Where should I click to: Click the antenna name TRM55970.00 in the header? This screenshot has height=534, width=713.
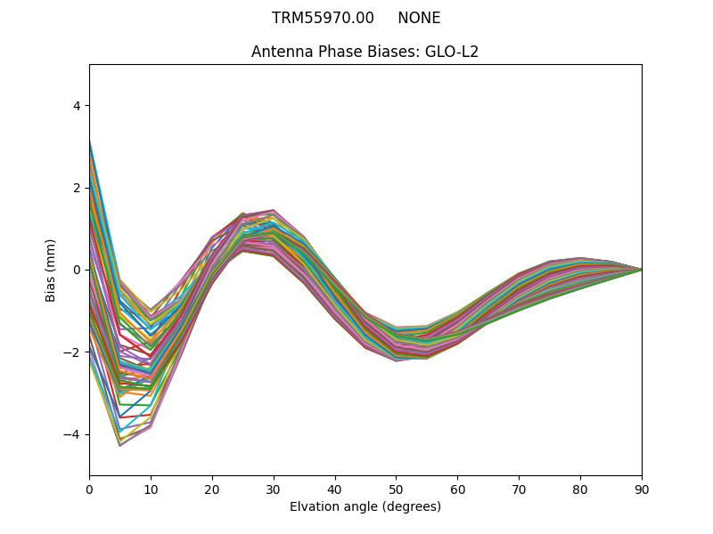point(323,18)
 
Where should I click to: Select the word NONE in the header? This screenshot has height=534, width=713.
point(419,18)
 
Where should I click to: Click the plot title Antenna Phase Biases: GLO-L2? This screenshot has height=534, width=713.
point(365,52)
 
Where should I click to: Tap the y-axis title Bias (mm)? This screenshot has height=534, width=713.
point(51,270)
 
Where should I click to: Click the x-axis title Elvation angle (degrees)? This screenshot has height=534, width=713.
point(365,506)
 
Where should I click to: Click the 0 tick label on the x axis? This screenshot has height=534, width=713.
point(89,489)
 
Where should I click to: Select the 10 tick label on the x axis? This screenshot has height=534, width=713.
point(151,489)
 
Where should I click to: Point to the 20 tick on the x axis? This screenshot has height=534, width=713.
point(212,489)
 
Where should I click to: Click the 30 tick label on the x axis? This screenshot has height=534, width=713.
point(274,489)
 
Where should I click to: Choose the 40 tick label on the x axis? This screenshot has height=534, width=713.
point(335,489)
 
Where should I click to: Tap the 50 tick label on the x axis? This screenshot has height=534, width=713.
point(396,489)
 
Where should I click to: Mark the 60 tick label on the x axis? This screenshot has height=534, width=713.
point(457,489)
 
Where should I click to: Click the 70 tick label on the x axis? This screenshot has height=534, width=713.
point(519,489)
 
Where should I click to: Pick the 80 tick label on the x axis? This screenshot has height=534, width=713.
point(580,489)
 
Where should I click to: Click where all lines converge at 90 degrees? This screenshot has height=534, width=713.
point(641,270)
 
